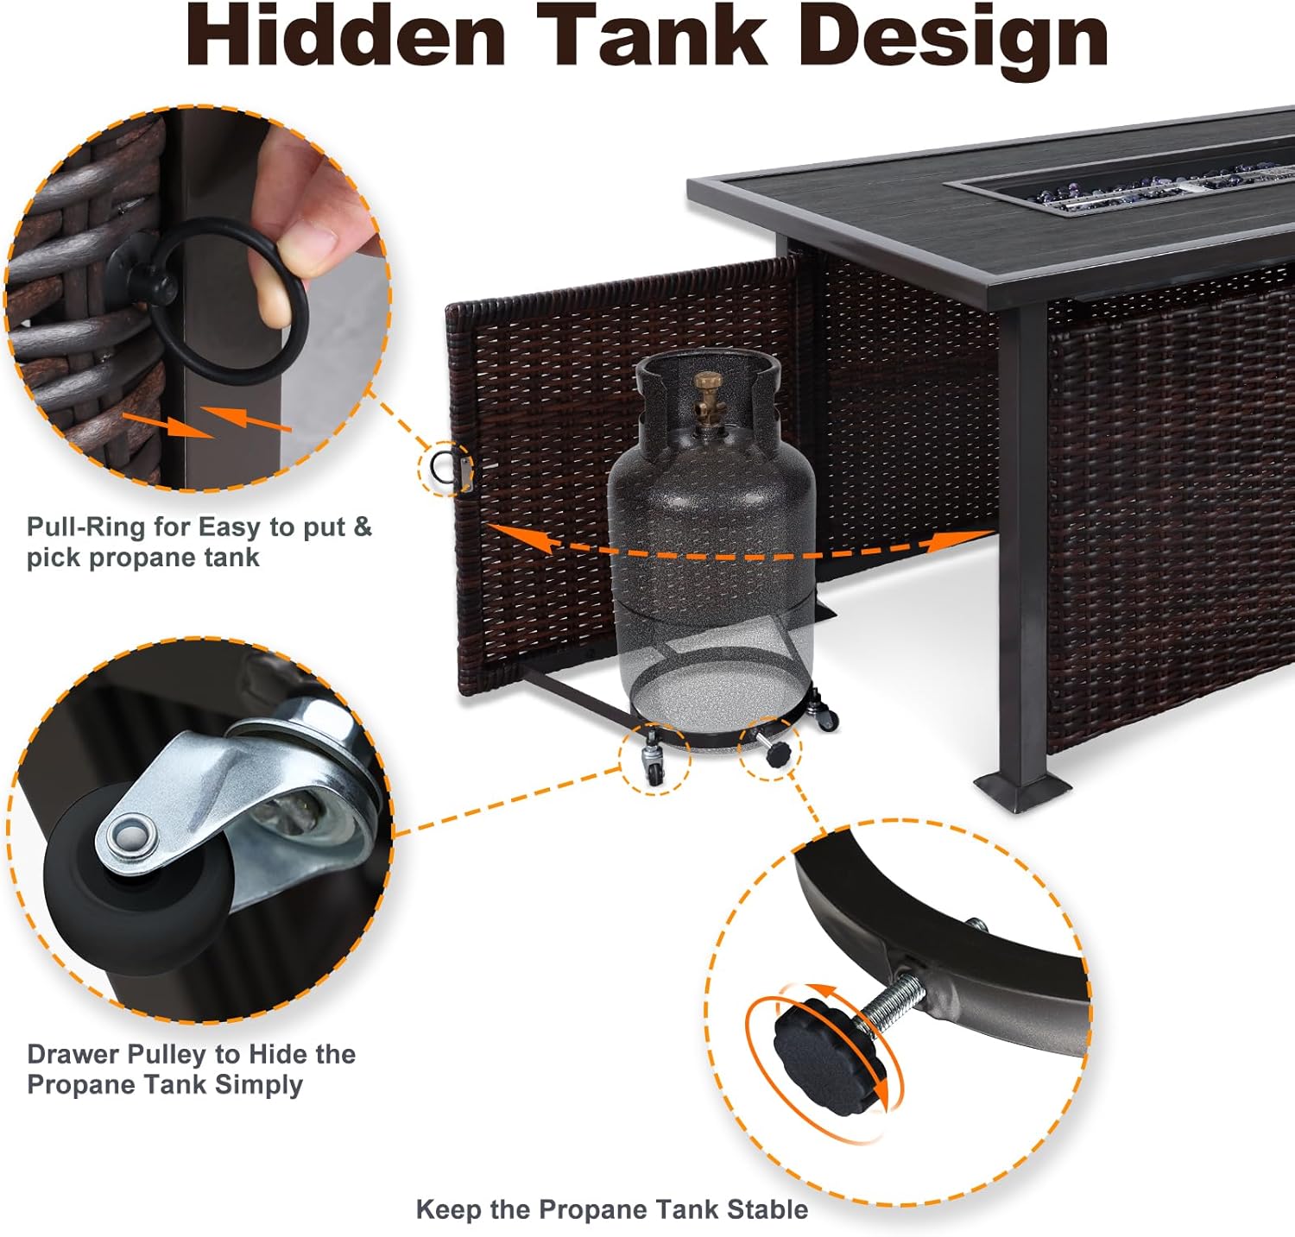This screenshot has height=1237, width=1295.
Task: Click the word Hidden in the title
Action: [346, 35]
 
